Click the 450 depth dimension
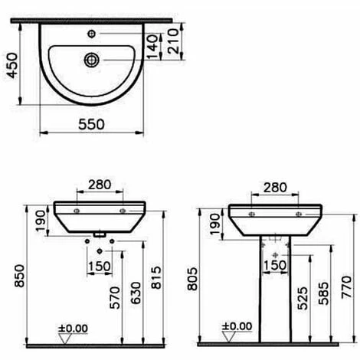coord(12,65)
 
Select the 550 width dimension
coord(91,124)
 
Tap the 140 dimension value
coord(152,47)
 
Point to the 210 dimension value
coord(173,41)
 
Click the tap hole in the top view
coord(91,34)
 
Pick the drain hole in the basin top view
coord(91,60)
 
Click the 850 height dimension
coord(19,276)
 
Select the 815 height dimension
coord(156,277)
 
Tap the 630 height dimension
coord(136,293)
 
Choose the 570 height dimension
coord(115,298)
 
